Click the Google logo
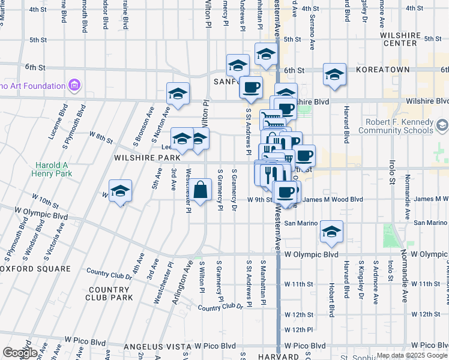(x=20, y=353)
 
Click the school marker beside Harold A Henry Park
(x=121, y=191)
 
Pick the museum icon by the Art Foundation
(x=74, y=86)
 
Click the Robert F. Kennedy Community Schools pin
(x=442, y=125)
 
